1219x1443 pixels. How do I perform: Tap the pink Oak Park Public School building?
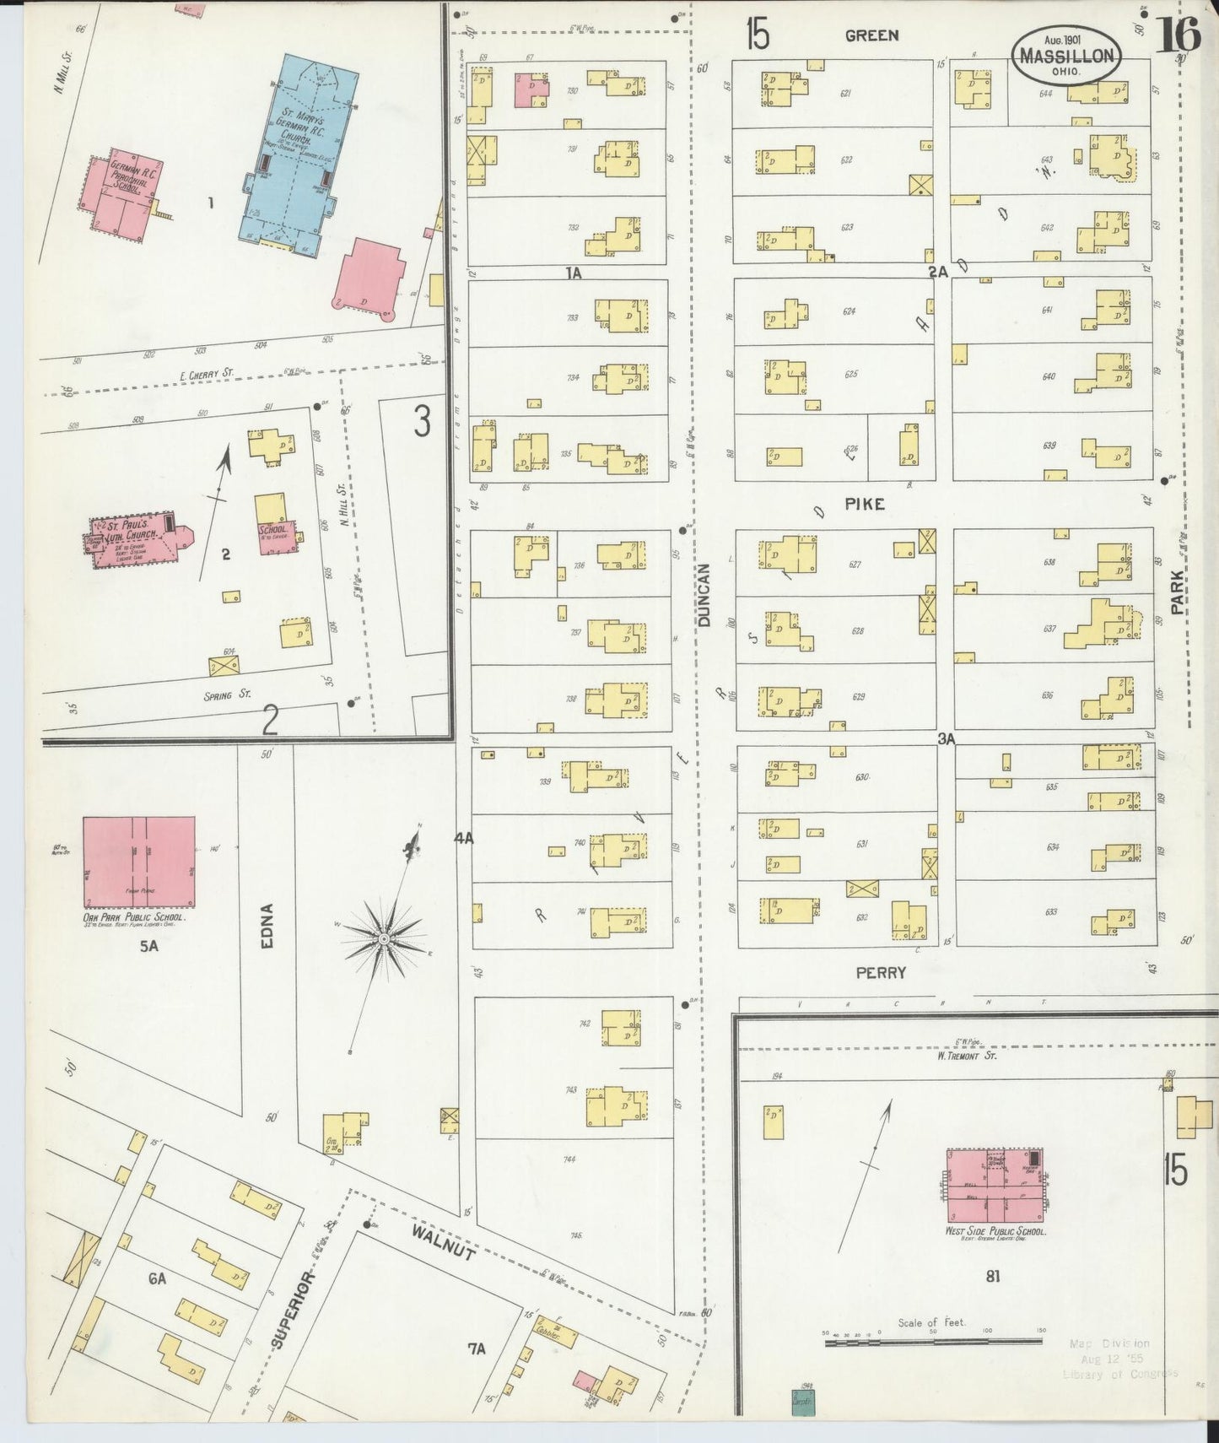coord(139,861)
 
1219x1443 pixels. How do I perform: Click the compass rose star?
coord(384,938)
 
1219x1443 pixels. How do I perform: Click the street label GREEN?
coord(871,35)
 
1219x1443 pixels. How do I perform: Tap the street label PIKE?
coord(865,504)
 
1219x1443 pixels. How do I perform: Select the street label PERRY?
coord(881,972)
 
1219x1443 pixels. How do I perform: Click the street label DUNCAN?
coord(705,595)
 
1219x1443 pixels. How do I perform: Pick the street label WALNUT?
coord(443,1242)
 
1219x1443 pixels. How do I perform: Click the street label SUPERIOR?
coord(293,1310)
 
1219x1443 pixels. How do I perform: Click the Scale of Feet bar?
coord(932,1340)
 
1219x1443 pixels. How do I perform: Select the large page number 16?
coord(1178,35)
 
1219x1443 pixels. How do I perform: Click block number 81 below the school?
coord(992,1276)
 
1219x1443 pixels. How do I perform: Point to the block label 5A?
coord(148,946)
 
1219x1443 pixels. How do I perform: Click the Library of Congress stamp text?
coord(1119,1374)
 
